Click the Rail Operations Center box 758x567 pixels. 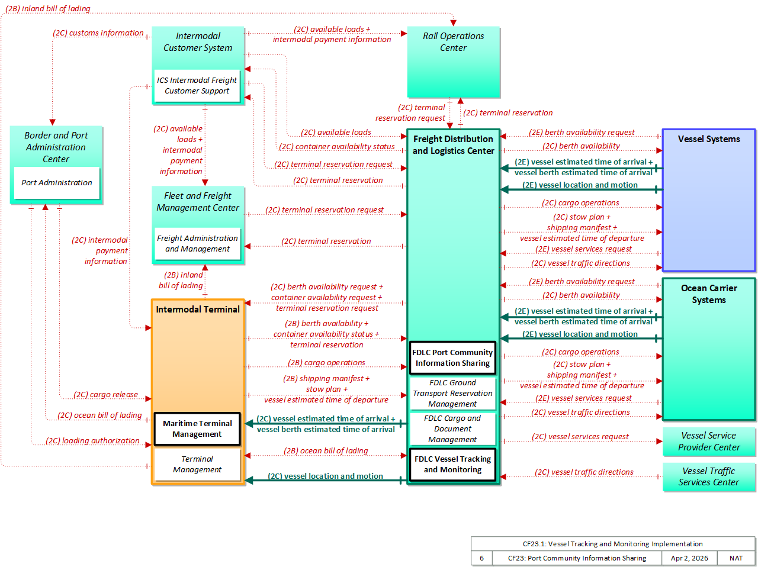[x=453, y=62]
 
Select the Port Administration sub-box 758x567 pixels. [x=57, y=182]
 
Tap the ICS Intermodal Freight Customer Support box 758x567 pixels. [x=197, y=86]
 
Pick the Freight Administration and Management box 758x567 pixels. [x=197, y=244]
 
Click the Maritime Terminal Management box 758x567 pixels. [x=197, y=429]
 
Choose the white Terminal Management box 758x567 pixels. [x=197, y=464]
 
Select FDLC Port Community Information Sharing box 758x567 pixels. [x=452, y=358]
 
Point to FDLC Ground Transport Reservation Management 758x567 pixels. [x=452, y=394]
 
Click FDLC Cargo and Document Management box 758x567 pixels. [x=452, y=429]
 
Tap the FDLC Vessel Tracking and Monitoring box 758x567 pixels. [x=452, y=465]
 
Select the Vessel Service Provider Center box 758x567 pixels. [x=709, y=442]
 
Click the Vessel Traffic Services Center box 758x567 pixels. [x=709, y=476]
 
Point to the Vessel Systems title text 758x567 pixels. [x=709, y=139]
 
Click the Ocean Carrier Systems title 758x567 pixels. [x=709, y=294]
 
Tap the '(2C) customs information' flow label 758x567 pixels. [x=98, y=33]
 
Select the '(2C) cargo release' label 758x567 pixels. [x=105, y=394]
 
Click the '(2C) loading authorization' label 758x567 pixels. [x=92, y=441]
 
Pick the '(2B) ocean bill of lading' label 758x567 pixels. [x=326, y=451]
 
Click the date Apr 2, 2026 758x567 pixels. [x=689, y=558]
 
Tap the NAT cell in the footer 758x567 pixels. [x=735, y=558]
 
